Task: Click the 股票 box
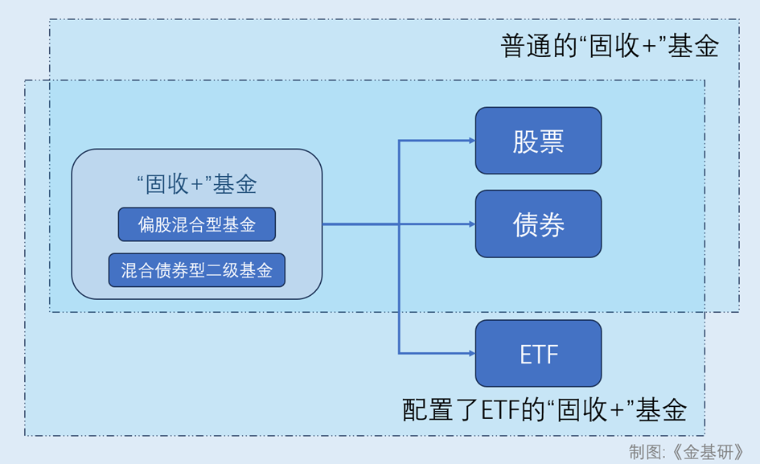tap(539, 141)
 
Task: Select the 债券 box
tap(539, 224)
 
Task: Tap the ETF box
tap(539, 354)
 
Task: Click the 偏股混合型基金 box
tap(197, 224)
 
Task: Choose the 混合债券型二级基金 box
tap(197, 270)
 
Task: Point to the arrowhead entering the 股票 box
tap(472, 141)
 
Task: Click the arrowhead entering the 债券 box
tap(472, 224)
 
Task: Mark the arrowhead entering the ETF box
tap(472, 354)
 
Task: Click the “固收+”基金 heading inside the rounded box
tap(197, 184)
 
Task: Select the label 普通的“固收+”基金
tap(610, 47)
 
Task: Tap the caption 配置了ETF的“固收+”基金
tap(544, 409)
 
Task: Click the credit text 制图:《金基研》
tap(686, 452)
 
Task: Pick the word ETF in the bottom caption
tap(499, 410)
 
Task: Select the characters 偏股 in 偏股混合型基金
tap(154, 225)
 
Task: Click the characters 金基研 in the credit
tap(709, 452)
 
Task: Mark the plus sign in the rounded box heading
tap(197, 185)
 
